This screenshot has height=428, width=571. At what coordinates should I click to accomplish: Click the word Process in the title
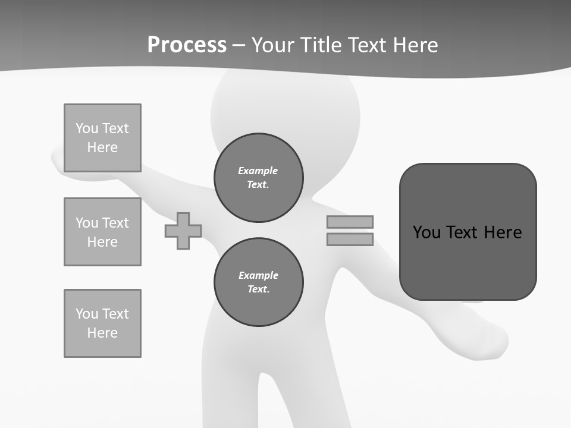click(x=187, y=45)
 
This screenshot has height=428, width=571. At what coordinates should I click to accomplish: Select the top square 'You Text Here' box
click(x=102, y=138)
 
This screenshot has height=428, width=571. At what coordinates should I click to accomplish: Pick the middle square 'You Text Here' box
click(x=102, y=232)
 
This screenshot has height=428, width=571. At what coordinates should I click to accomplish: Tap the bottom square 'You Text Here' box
click(x=102, y=323)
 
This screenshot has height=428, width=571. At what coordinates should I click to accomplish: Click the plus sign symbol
click(x=183, y=231)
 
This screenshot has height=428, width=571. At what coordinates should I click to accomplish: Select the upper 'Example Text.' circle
click(x=259, y=178)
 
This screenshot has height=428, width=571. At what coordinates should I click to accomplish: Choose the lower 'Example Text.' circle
click(x=259, y=282)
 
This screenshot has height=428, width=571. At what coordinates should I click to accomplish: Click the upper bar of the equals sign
click(x=350, y=222)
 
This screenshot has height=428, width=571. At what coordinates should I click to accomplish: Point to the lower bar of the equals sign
click(x=350, y=240)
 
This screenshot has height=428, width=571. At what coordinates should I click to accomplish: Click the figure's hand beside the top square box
click(x=58, y=160)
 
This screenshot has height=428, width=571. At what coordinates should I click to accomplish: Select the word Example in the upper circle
click(x=258, y=171)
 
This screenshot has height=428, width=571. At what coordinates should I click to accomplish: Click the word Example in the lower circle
click(x=258, y=275)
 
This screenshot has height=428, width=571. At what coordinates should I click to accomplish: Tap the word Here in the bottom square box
click(x=102, y=333)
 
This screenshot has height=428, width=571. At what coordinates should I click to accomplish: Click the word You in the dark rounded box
click(x=426, y=232)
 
